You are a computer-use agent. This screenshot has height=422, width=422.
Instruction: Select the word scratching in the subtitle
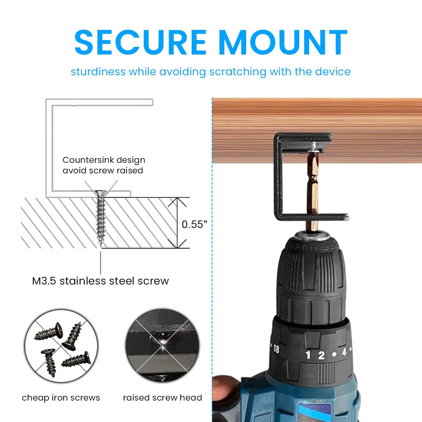238,72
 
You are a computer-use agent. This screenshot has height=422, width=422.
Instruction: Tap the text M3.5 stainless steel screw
100,281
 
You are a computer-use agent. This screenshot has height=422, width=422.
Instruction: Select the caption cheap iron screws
61,398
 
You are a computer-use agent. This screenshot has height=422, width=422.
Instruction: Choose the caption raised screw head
162,398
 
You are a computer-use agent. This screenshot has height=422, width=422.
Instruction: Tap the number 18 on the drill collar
276,349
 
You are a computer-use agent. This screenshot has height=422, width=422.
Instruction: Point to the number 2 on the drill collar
321,355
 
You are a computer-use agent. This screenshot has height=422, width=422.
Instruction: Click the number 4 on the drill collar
344,352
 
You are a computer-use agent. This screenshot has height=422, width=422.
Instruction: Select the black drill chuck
311,274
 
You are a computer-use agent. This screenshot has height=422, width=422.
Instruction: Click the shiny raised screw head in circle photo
162,343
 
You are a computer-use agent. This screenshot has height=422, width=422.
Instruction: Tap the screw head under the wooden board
314,145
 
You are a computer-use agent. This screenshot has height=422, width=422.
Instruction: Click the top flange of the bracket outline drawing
102,102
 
